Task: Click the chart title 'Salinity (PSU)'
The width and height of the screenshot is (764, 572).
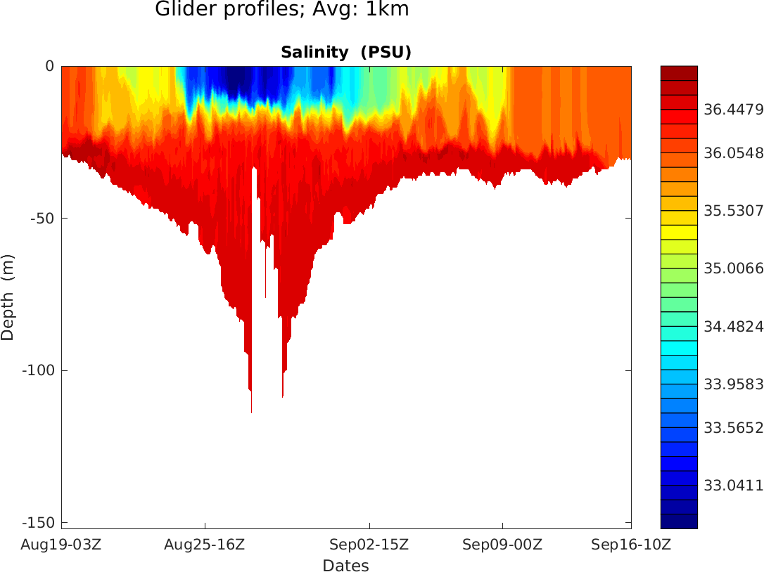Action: pyautogui.click(x=345, y=53)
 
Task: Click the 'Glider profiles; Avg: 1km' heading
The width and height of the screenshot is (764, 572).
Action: pyautogui.click(x=281, y=10)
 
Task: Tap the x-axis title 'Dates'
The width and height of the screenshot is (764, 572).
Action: pyautogui.click(x=345, y=566)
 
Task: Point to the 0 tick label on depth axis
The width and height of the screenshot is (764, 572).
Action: pyautogui.click(x=50, y=66)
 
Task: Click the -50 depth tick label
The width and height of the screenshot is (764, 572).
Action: pyautogui.click(x=44, y=219)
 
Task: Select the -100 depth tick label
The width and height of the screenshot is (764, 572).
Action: pyautogui.click(x=40, y=370)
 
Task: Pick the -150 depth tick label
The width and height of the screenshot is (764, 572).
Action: pyautogui.click(x=40, y=523)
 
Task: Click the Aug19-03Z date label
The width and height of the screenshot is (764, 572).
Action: pyautogui.click(x=61, y=545)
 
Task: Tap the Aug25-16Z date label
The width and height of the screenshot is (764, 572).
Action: pyautogui.click(x=205, y=545)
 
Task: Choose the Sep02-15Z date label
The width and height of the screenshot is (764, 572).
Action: pyautogui.click(x=369, y=545)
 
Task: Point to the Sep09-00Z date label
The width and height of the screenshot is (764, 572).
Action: pyautogui.click(x=502, y=545)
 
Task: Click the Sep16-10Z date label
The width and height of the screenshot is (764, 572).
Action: pyautogui.click(x=631, y=545)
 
